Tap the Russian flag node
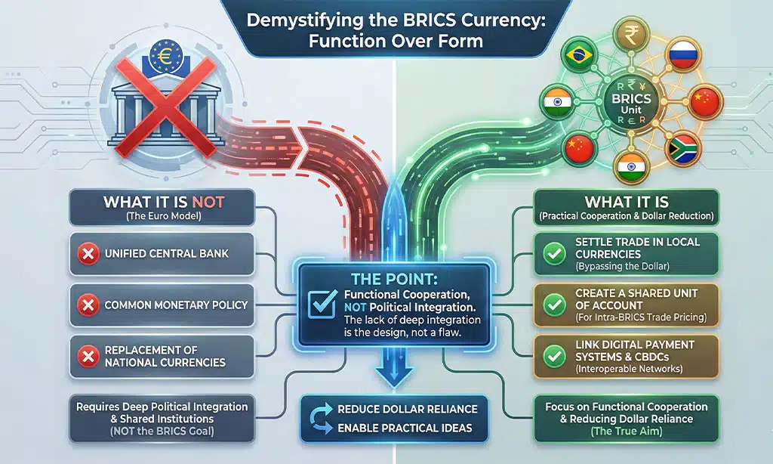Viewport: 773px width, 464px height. tap(683, 57)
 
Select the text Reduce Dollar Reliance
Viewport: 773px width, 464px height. tap(396, 410)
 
